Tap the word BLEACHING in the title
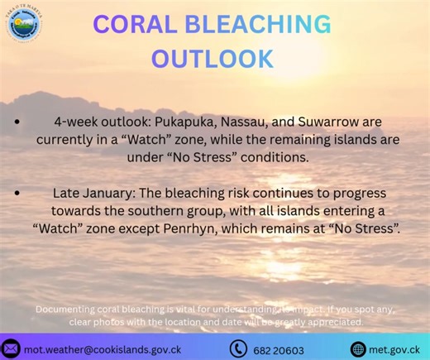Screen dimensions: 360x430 point(268,25)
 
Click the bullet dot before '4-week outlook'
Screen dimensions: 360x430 point(17,121)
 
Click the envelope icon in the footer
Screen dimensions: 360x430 point(11,348)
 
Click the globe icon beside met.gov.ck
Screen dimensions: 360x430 point(358,348)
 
